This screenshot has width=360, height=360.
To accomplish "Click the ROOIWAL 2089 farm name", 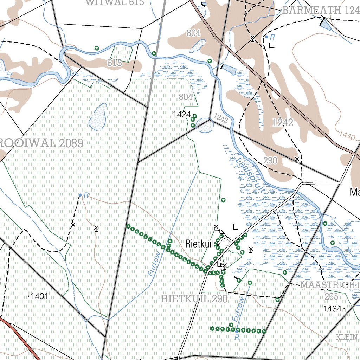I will coord(41,143).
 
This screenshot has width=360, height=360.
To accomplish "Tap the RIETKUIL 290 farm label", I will coord(194,299).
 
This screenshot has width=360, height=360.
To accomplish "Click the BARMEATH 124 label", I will coord(321,11).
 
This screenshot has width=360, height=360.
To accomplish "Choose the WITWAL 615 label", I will coord(115,3).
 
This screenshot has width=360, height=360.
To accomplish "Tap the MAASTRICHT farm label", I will coord(330,284).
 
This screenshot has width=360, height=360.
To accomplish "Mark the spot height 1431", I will coord(39,296).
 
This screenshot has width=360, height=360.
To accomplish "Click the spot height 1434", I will coord(333,309).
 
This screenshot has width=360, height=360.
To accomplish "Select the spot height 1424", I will coord(182,114).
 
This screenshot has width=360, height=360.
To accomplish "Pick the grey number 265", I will coord(331,297).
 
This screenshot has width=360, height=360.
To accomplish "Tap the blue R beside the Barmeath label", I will coord(272,37).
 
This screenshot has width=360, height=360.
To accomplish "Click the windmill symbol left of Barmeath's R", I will coord(252,38).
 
